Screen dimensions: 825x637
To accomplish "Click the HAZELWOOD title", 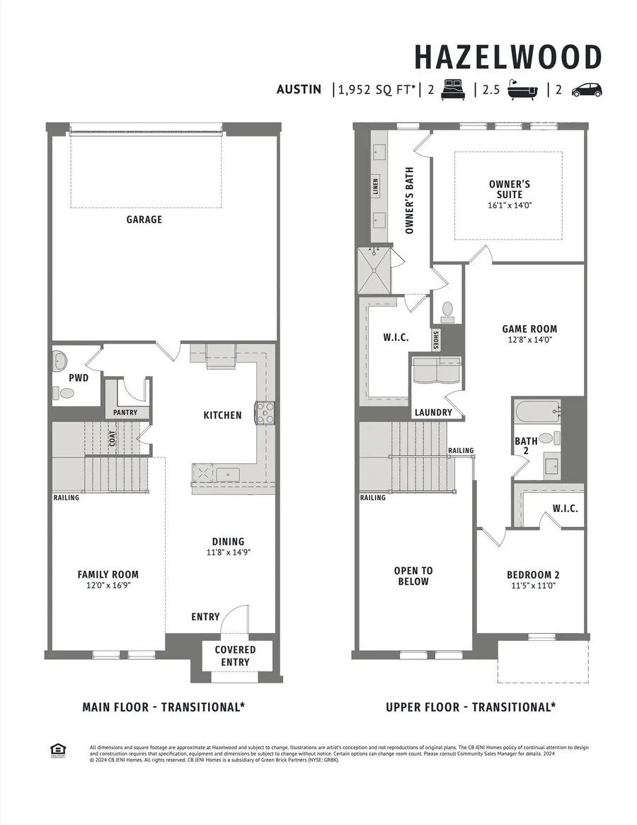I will tap(507, 57).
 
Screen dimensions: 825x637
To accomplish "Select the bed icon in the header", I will tap(453, 90).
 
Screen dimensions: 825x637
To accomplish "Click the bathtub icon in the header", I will tap(523, 90).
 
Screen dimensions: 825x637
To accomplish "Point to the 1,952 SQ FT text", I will tap(377, 90).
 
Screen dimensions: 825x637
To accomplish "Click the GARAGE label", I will tap(144, 220).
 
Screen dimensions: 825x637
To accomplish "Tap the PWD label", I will tap(79, 378).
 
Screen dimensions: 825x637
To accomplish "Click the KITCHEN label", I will tap(222, 415).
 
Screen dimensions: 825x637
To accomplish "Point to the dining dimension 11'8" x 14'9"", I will tap(227, 552).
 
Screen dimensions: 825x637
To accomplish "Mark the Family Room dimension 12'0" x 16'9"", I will tap(108, 586).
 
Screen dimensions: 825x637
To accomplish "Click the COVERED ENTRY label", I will tap(235, 656).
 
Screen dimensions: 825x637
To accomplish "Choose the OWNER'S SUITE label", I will tap(510, 189).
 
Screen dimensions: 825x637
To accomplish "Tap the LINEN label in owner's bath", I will tap(376, 186).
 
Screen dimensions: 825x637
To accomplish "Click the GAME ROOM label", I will tap(529, 329).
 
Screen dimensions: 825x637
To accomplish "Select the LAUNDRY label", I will tap(433, 412).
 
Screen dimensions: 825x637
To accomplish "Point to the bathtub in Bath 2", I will tap(537, 411).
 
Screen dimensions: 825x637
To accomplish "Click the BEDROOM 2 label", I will tap(533, 575).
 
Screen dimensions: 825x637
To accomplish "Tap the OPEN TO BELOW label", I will tap(413, 576).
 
